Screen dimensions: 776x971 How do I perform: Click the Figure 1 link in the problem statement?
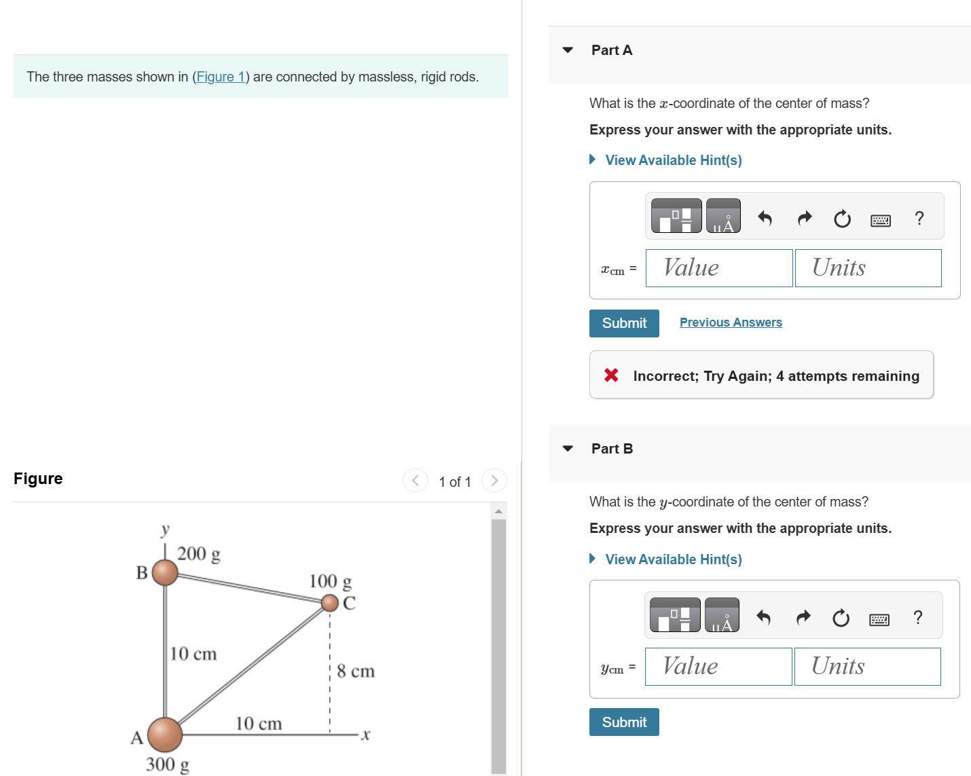(220, 77)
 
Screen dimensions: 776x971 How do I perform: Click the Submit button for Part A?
(623, 323)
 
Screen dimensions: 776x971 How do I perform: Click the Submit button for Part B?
(623, 722)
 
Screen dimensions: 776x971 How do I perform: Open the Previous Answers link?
(731, 322)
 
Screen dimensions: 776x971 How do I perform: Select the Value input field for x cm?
(718, 268)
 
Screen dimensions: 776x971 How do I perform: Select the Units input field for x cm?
(868, 268)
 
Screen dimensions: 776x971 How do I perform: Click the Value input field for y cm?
(718, 667)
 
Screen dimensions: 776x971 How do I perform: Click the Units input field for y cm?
(867, 667)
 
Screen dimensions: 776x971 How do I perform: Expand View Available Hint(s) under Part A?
(673, 160)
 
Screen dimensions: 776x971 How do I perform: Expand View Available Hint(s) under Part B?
(673, 559)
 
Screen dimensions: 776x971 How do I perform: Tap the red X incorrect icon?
(611, 375)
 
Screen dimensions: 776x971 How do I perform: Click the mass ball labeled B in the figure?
(165, 572)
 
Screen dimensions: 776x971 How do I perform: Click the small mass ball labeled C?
(330, 602)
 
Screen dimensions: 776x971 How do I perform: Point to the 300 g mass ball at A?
(165, 734)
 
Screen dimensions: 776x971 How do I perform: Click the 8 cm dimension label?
(355, 671)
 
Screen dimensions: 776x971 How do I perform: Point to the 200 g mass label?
(198, 554)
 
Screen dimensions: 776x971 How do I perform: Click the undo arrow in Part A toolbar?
(765, 218)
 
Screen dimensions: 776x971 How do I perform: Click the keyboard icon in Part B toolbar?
(879, 618)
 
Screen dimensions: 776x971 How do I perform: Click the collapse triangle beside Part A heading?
(568, 50)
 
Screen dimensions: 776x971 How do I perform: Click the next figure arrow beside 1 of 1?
(494, 481)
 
